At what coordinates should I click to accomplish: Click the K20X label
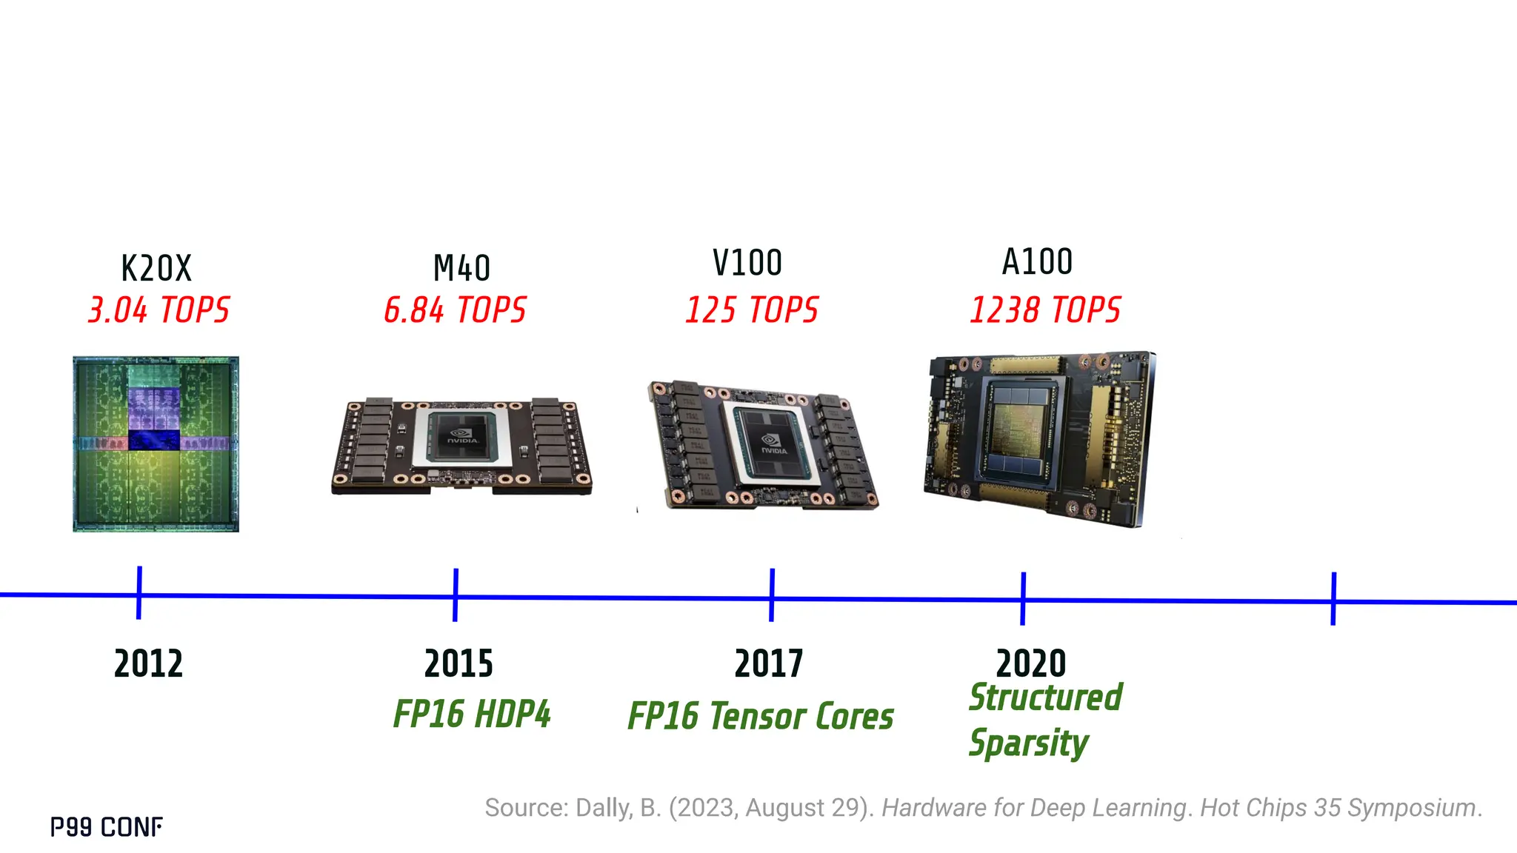point(156,268)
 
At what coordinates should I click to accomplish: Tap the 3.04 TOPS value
point(159,310)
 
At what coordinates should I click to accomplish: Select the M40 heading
point(461,268)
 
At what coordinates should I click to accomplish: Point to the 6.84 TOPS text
point(455,310)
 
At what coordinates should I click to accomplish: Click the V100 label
point(747,263)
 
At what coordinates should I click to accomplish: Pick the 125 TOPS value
point(752,310)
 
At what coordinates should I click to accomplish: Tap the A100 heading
point(1037,262)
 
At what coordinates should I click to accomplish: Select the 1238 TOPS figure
point(1045,310)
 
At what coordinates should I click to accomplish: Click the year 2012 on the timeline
point(148,663)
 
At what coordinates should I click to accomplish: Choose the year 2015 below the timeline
point(459,663)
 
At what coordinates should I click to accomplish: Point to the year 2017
point(769,663)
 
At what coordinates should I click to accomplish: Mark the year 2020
point(1030,663)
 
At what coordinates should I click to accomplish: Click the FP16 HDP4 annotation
point(472,715)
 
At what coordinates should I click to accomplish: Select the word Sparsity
point(1029,743)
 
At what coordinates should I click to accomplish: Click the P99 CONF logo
point(107,827)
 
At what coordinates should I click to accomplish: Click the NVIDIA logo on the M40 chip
point(462,437)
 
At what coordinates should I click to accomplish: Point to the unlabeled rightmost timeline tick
point(1333,598)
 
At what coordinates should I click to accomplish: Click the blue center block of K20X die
point(154,440)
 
